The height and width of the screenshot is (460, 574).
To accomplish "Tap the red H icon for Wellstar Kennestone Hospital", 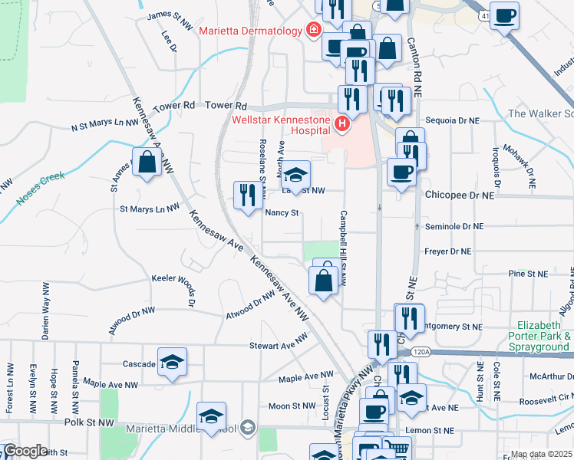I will point(344,123).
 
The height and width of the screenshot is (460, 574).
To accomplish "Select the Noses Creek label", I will point(39,192).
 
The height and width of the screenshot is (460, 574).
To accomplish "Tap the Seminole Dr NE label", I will point(454,227).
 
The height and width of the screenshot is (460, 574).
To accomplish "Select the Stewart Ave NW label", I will point(272,347).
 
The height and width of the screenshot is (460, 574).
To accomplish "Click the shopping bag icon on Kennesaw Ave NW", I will point(146,162).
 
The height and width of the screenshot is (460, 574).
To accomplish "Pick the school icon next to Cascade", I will point(173,363).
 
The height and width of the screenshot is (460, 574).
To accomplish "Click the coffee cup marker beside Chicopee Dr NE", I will point(401,172).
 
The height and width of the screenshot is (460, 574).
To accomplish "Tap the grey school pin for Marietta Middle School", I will point(247,426).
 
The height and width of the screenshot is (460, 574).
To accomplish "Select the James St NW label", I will point(170,15).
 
